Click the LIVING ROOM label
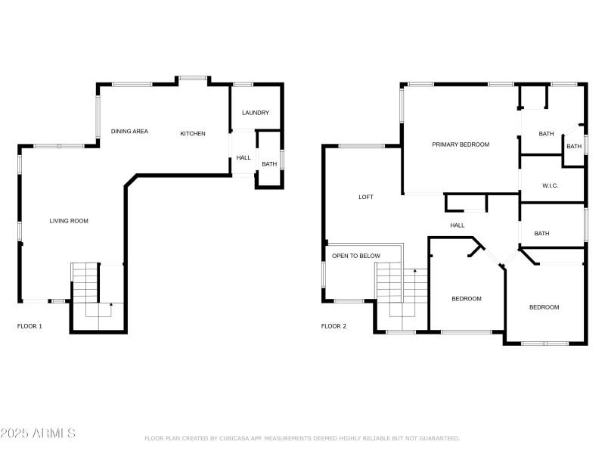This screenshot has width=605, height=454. [x=69, y=221]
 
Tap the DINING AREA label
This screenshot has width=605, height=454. [x=129, y=132]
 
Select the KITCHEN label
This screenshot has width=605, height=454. [x=192, y=134]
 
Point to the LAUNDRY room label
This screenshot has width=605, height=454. [x=255, y=113]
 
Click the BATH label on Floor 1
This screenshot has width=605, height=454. [x=268, y=164]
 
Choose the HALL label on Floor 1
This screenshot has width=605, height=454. [x=243, y=158]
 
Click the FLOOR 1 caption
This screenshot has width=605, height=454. [x=29, y=326]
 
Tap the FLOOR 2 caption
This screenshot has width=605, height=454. [x=334, y=326]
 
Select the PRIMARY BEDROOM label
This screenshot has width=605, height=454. [x=461, y=145]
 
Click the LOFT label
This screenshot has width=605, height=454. [x=365, y=197]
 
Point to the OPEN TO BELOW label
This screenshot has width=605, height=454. [x=355, y=256]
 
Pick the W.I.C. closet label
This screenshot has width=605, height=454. [x=550, y=185]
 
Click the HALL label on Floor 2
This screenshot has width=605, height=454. [x=458, y=225]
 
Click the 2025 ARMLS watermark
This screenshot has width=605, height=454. [x=38, y=434]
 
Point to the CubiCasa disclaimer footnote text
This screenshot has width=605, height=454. [x=302, y=438]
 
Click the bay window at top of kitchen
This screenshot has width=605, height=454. [x=193, y=77]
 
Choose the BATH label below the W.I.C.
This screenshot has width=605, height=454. [x=541, y=234]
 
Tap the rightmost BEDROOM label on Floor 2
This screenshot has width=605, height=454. [x=544, y=307]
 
